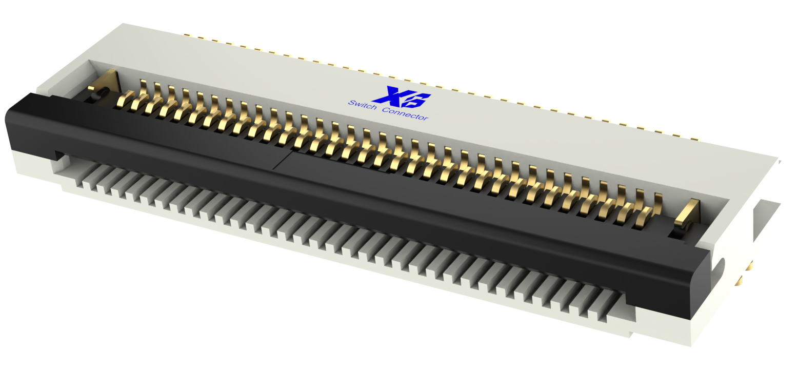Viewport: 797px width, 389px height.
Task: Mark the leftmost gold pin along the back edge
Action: pyautogui.click(x=187, y=35)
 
